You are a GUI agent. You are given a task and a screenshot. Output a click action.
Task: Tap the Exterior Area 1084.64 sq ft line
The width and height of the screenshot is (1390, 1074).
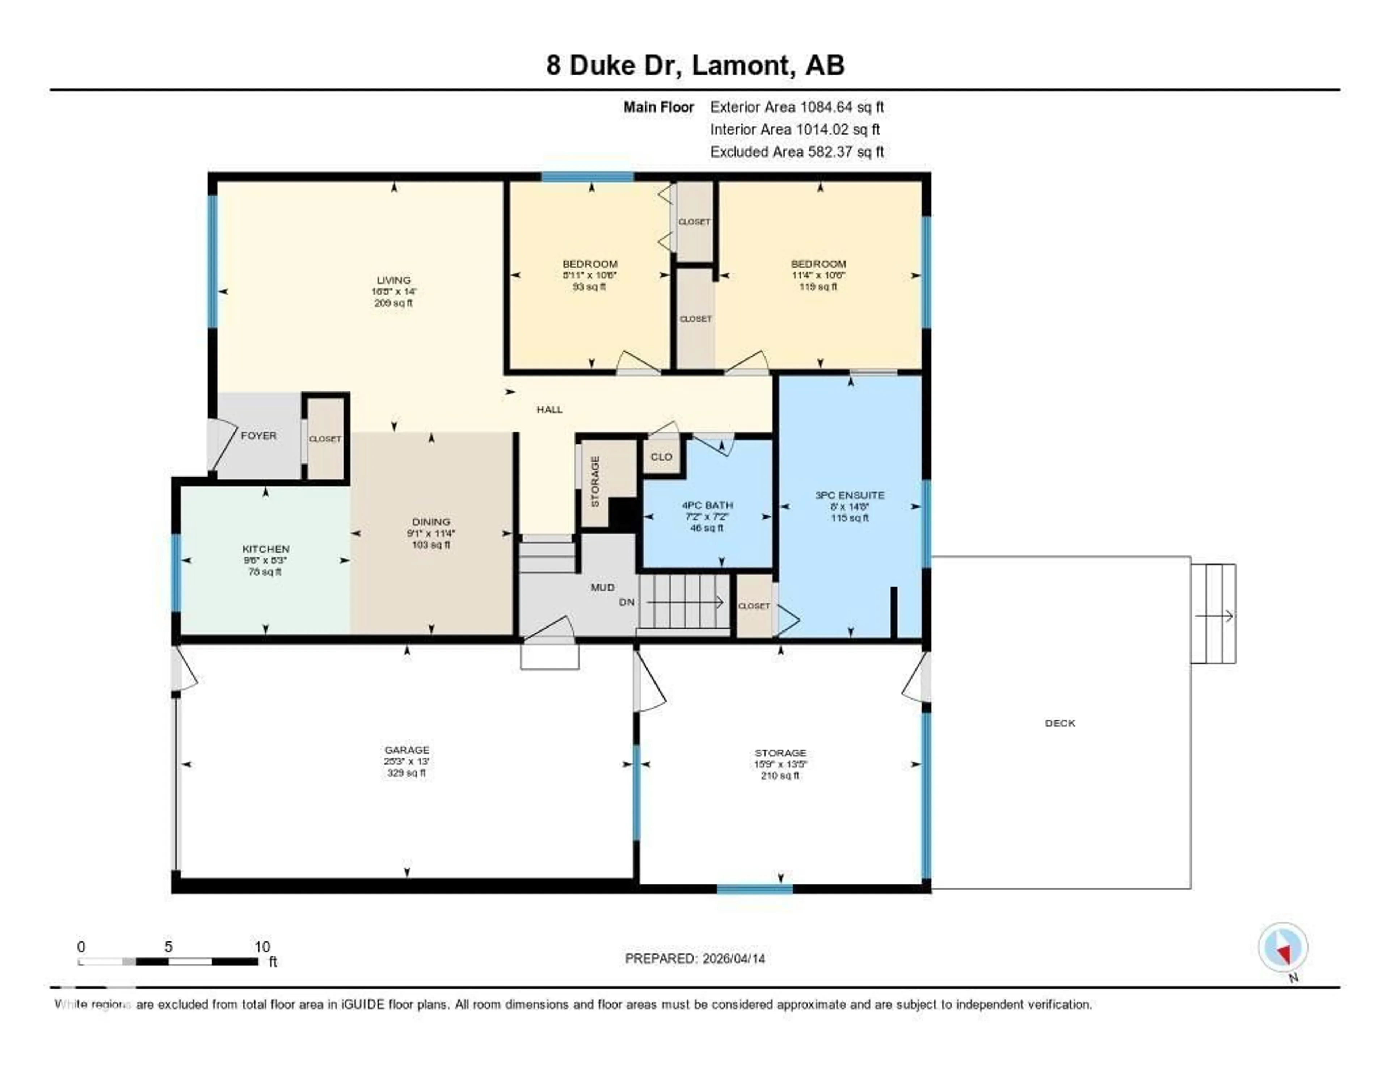click(x=797, y=107)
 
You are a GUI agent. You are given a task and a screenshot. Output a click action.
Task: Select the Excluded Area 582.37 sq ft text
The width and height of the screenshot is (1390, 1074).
click(x=797, y=151)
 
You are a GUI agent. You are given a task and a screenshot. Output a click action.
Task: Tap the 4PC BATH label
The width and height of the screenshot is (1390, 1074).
click(x=707, y=505)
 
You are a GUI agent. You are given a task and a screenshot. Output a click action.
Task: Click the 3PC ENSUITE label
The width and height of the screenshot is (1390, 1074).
click(x=850, y=495)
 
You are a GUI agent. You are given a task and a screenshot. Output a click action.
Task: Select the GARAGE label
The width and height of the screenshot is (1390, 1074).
click(x=407, y=749)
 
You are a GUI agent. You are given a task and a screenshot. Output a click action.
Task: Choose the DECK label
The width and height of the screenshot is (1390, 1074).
click(x=1060, y=723)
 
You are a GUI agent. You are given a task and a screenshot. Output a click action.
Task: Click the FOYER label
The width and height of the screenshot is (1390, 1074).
click(x=258, y=436)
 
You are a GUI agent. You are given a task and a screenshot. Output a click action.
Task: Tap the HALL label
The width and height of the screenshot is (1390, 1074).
click(x=549, y=409)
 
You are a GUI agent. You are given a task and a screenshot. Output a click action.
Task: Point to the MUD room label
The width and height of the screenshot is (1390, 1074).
click(x=602, y=587)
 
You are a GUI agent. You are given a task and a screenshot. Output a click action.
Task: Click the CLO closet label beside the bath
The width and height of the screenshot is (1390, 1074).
click(x=661, y=457)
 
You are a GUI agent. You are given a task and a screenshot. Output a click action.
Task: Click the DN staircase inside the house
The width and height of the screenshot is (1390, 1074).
click(x=684, y=601)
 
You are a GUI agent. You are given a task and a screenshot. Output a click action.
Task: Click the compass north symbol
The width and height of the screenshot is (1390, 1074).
click(x=1283, y=949)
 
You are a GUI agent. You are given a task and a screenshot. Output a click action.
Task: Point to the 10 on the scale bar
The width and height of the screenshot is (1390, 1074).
click(x=262, y=947)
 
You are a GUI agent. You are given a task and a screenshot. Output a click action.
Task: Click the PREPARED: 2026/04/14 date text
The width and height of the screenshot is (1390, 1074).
click(x=695, y=958)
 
